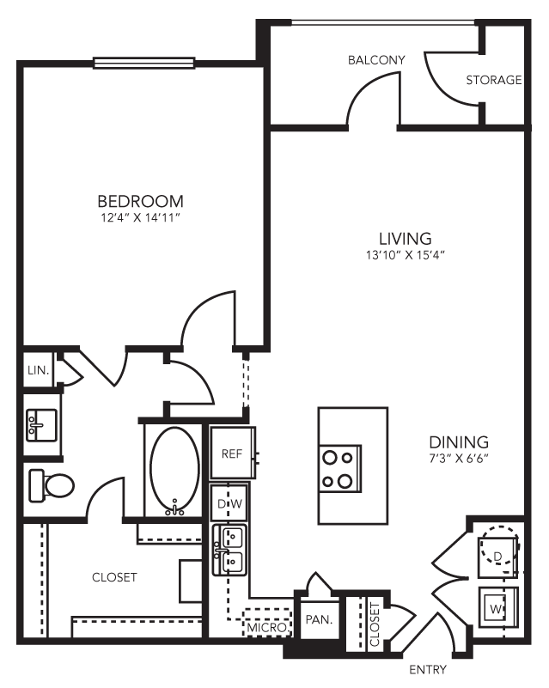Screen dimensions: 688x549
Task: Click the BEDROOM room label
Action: click(141, 202)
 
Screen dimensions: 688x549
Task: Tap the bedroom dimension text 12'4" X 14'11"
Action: click(141, 218)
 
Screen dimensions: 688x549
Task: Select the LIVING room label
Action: click(405, 238)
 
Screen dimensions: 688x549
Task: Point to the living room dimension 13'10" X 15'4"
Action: click(405, 254)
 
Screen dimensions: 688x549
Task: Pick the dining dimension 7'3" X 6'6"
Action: click(459, 458)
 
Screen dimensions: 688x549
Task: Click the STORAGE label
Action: click(494, 81)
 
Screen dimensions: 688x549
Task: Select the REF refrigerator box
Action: click(232, 454)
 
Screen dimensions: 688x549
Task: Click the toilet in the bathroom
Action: click(52, 486)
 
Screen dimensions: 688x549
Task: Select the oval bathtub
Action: click(175, 469)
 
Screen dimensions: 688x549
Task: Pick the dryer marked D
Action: click(497, 553)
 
